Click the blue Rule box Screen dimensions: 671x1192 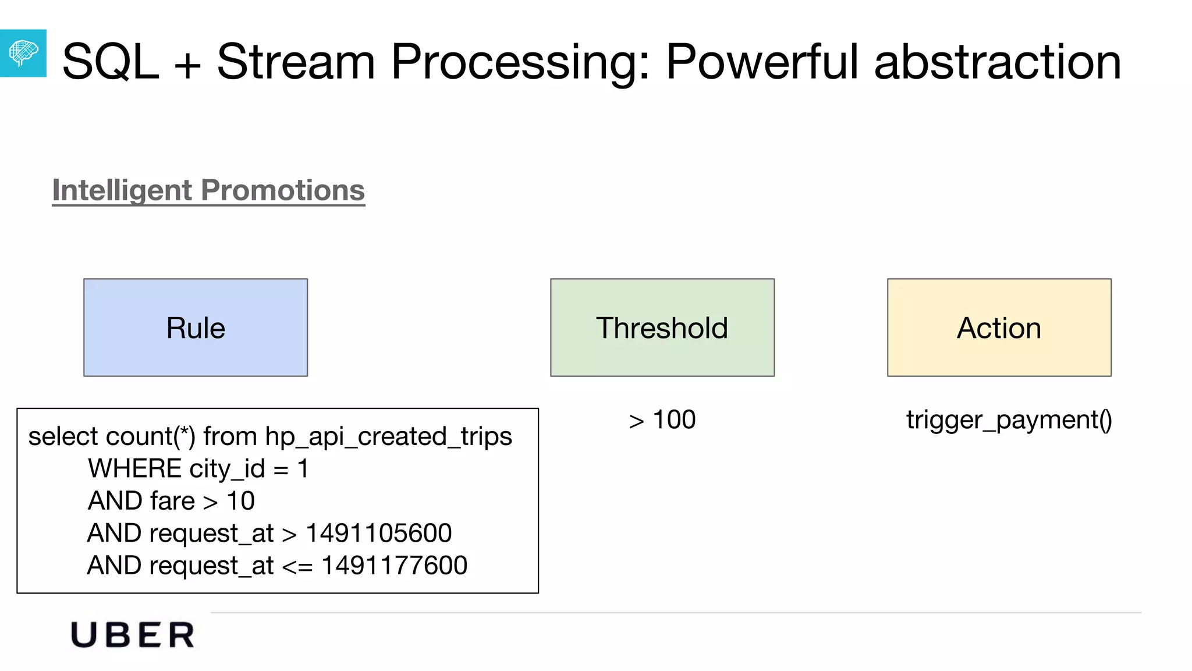pos(196,327)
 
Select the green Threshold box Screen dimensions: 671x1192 pos(662,327)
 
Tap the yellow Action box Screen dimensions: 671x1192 pos(999,327)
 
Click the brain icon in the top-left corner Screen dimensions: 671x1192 pos(23,53)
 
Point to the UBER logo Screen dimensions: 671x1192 pos(133,635)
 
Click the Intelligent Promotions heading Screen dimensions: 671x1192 pos(208,190)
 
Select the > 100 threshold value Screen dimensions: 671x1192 pos(662,420)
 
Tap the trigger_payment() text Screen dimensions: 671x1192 pos(1009,420)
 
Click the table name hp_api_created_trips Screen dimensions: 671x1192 pos(388,436)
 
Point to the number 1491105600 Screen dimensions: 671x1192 pos(378,533)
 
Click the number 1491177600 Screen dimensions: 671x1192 pos(394,566)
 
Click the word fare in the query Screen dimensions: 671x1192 pos(172,501)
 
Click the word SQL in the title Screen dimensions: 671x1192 pos(111,62)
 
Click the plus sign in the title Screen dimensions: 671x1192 pos(187,64)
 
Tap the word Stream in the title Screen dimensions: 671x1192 pos(296,62)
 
